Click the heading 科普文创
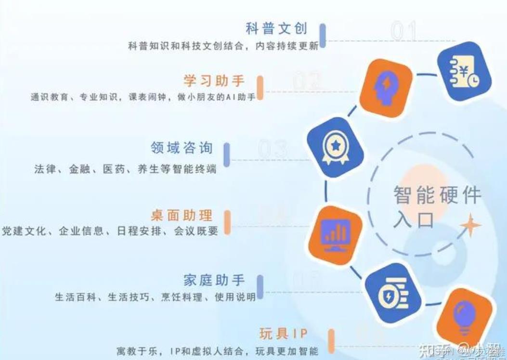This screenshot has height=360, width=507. pyautogui.click(x=276, y=28)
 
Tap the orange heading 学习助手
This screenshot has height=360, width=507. pyautogui.click(x=214, y=80)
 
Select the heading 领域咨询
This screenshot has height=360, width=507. pyautogui.click(x=182, y=148)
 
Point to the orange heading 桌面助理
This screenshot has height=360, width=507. pyautogui.click(x=182, y=215)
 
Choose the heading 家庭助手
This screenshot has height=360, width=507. pyautogui.click(x=214, y=280)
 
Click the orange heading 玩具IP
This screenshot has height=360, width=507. pyautogui.click(x=283, y=333)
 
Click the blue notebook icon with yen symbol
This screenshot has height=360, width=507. pyautogui.click(x=464, y=71)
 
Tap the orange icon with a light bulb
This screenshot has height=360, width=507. pyautogui.click(x=464, y=316)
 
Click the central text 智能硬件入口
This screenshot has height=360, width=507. pyautogui.click(x=436, y=207)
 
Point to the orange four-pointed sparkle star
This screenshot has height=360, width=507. pyautogui.click(x=469, y=226)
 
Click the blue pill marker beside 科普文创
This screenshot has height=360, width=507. pyautogui.click(x=323, y=35)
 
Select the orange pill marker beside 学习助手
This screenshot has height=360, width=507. pyautogui.click(x=260, y=87)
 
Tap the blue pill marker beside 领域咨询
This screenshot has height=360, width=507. pyautogui.click(x=226, y=155)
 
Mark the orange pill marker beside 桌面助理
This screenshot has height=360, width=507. pyautogui.click(x=227, y=222)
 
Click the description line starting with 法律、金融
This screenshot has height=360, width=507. pyautogui.click(x=125, y=169)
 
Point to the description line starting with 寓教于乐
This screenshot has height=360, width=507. pyautogui.click(x=218, y=350)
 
